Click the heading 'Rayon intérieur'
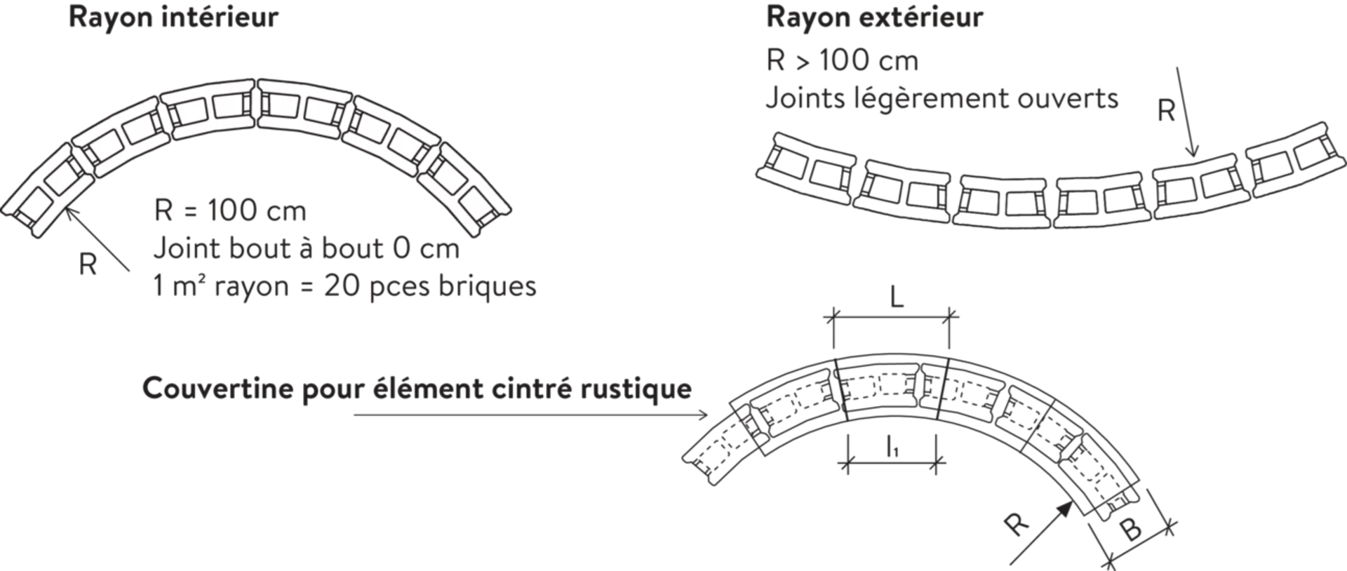pos(172,18)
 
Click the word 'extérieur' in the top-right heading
pos(926,18)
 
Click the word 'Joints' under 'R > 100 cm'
pos(803,100)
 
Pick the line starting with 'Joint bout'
pos(306,249)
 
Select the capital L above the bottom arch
pos(895,298)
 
